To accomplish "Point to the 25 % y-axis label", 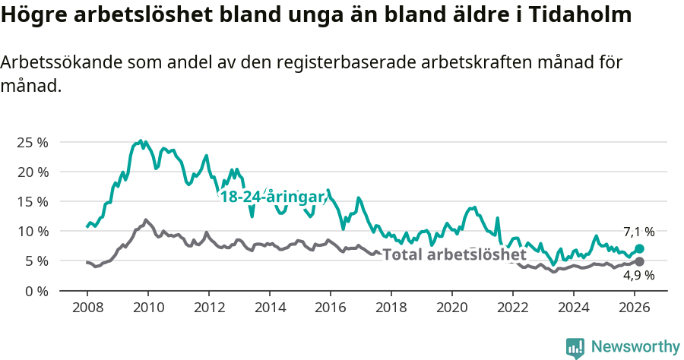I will (x=32, y=142).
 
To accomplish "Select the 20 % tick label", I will (x=32, y=172).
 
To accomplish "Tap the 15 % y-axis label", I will (x=32, y=201).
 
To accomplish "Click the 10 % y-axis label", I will (x=32, y=231).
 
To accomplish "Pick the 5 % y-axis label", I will (x=36, y=261).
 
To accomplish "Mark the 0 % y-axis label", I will (x=36, y=290).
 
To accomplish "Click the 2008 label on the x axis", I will (x=87, y=307).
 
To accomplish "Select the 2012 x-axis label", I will (x=209, y=307).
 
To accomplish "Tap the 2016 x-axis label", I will (x=331, y=307).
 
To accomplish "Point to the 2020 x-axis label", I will (x=452, y=307).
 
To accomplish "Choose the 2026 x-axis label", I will (x=635, y=307).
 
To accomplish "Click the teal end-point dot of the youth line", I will (x=639, y=248).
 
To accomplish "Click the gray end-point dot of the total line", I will (x=639, y=261).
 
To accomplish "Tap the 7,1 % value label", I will (x=638, y=232).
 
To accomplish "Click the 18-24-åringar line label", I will (x=272, y=197).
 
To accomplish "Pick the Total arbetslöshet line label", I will (x=454, y=254).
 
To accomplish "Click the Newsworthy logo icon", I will (x=575, y=348).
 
